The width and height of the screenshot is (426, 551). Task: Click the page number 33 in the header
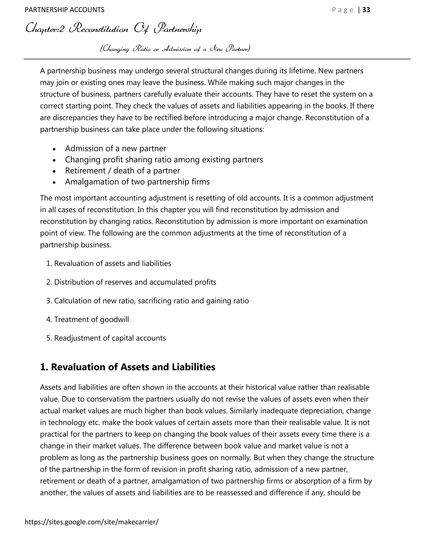[366, 10]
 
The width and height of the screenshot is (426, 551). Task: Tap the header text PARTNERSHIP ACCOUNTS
[65, 10]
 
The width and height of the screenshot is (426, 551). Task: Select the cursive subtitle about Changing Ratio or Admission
[175, 48]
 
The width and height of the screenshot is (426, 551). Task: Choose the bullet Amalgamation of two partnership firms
[137, 182]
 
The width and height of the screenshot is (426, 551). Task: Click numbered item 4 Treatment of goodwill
[88, 319]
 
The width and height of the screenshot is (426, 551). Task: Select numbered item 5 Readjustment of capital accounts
[106, 338]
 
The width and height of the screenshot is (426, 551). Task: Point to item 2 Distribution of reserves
[131, 282]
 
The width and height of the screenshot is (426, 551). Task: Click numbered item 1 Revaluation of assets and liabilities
[109, 263]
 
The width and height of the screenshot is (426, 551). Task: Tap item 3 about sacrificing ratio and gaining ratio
[148, 301]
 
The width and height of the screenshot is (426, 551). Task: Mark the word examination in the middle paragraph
[347, 221]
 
